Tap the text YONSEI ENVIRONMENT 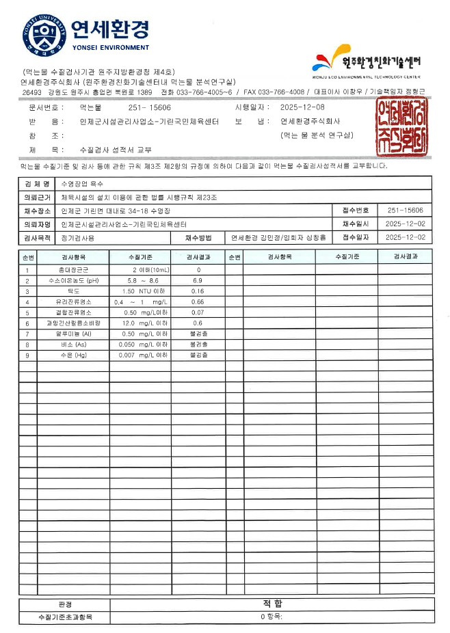pos(109,48)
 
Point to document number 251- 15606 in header pos(149,108)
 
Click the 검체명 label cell pos(37,184)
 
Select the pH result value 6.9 pos(198,281)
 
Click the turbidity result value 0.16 pos(198,291)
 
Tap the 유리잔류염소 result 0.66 pos(198,301)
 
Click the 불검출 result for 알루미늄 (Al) pos(198,334)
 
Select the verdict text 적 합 pos(272,604)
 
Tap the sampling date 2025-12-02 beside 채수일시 pos(405,224)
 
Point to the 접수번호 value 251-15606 pos(405,211)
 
